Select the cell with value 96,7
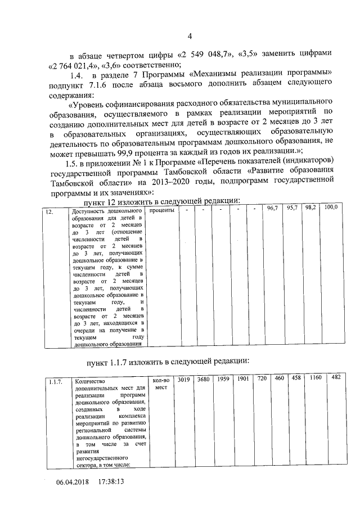[x=273, y=209]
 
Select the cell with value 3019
[x=183, y=380]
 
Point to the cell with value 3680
[x=203, y=380]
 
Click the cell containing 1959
[x=223, y=379]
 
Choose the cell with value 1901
[x=243, y=379]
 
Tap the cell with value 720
[x=262, y=379]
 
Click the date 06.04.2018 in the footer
[x=73, y=483]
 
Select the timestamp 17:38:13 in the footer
[x=111, y=483]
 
